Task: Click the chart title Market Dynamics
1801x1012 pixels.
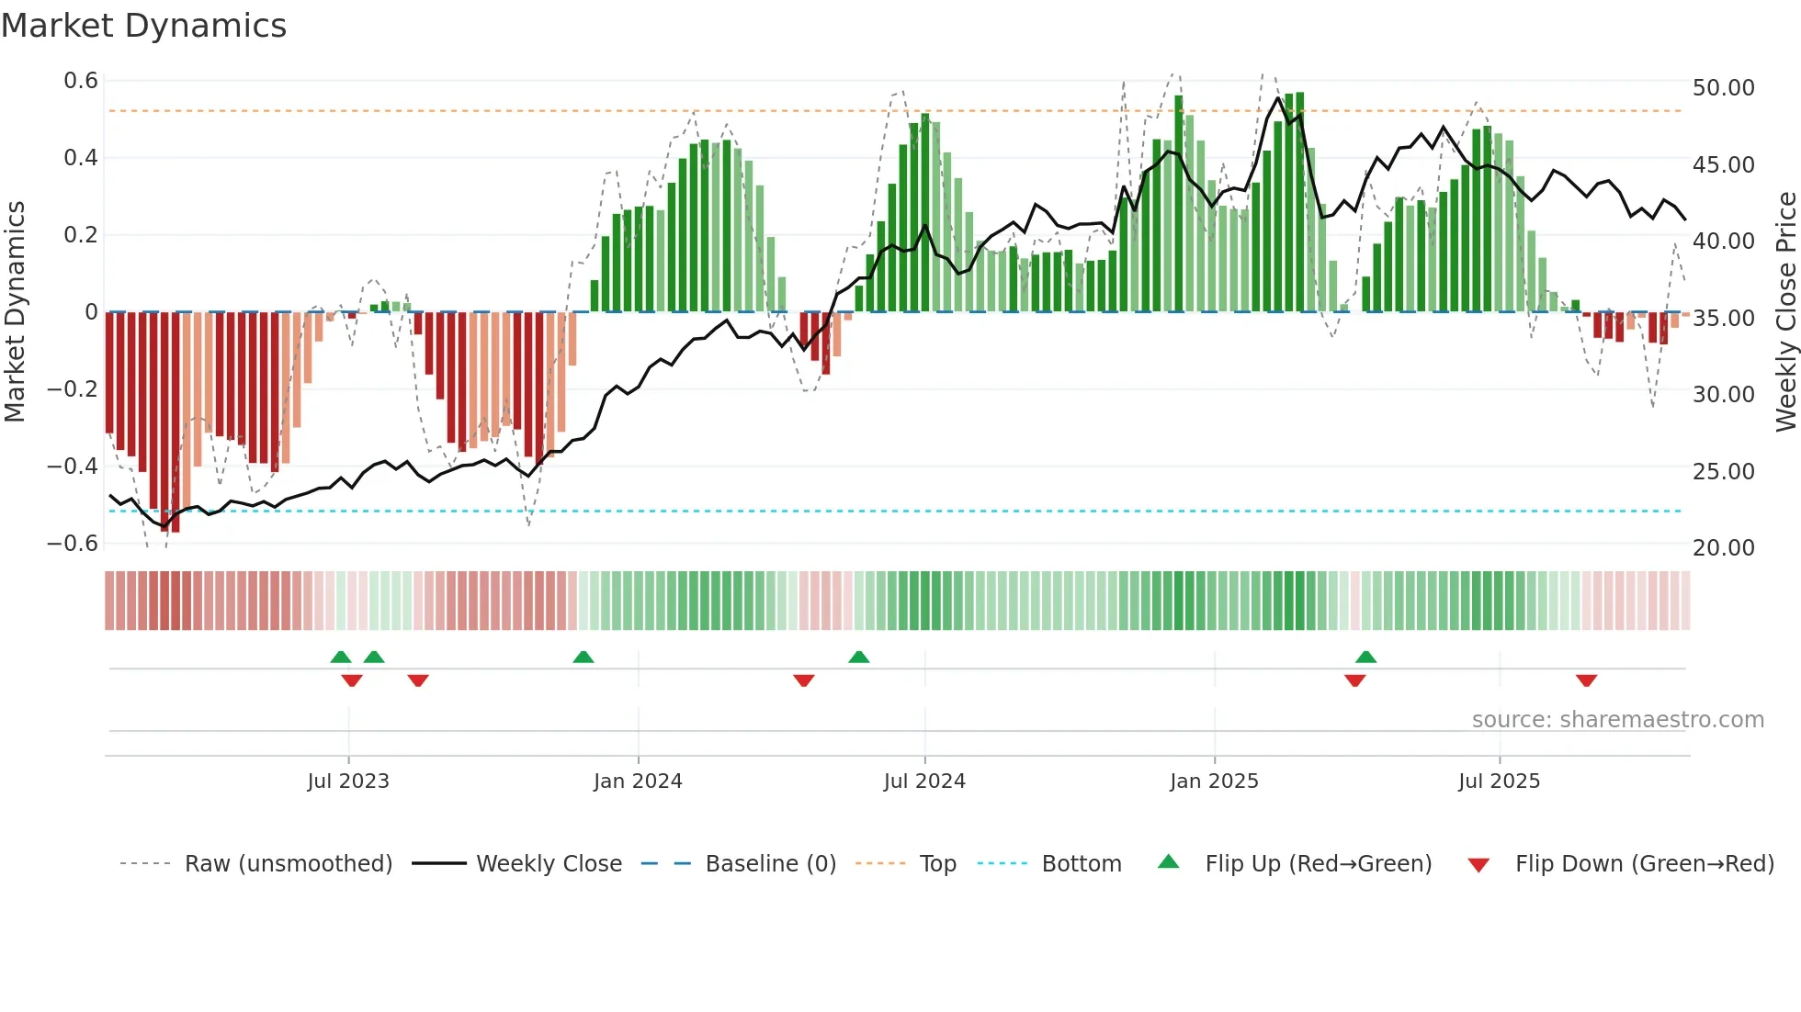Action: click(x=143, y=26)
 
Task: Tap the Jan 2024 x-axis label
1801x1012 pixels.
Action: click(x=638, y=781)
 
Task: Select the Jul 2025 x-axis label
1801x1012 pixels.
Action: click(x=1499, y=781)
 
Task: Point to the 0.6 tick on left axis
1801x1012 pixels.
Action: click(x=81, y=81)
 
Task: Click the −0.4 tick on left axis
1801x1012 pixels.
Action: click(x=73, y=467)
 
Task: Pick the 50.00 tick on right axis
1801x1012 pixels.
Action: click(x=1723, y=88)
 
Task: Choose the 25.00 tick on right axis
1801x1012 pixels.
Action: click(x=1723, y=472)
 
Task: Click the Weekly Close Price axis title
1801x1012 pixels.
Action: click(x=1785, y=312)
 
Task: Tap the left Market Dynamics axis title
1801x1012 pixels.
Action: click(x=15, y=312)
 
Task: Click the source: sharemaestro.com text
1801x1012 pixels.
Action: click(x=1617, y=720)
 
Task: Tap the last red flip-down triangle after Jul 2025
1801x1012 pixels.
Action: click(x=1586, y=680)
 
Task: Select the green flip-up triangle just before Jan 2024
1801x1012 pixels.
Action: click(x=583, y=657)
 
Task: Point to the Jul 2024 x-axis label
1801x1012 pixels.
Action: click(x=924, y=781)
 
